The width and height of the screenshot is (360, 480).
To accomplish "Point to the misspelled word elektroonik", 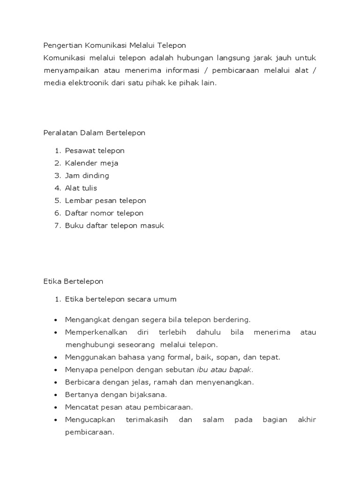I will [x=83, y=83].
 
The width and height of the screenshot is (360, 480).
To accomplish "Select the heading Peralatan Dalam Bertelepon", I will [x=94, y=133].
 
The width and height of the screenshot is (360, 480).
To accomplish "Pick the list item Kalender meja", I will [x=91, y=163].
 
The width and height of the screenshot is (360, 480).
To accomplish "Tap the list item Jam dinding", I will [x=87, y=176].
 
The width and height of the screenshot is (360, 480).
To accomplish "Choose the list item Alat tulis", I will [x=81, y=188].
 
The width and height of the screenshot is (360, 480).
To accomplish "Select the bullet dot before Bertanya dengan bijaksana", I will [x=55, y=395].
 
